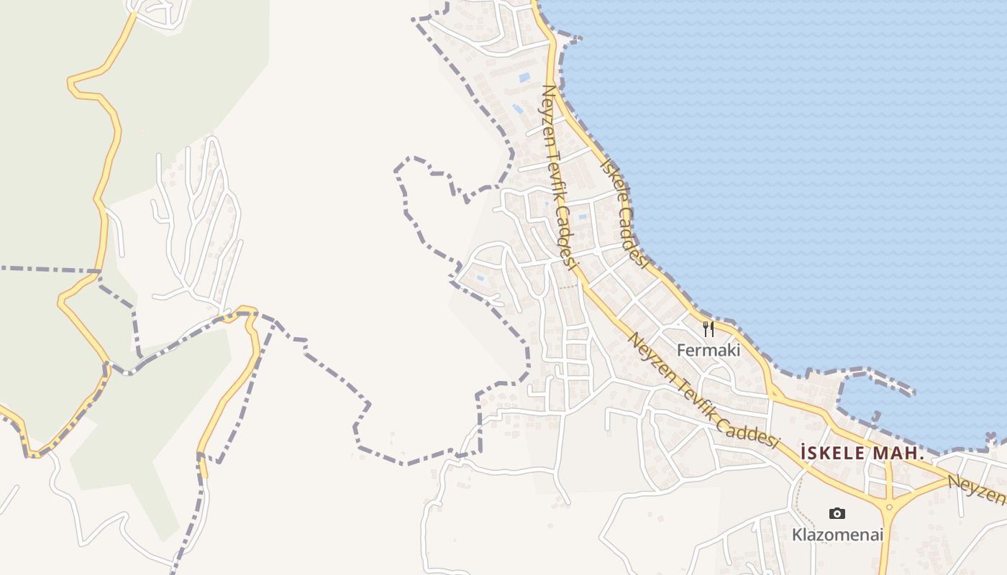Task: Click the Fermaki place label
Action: tap(708, 351)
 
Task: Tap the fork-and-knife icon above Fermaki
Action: tap(708, 329)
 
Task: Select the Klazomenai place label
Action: tap(837, 535)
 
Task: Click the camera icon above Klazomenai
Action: tap(837, 513)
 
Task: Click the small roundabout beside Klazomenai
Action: tap(889, 507)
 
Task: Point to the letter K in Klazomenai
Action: tap(796, 535)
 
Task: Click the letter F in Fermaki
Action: tap(681, 351)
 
